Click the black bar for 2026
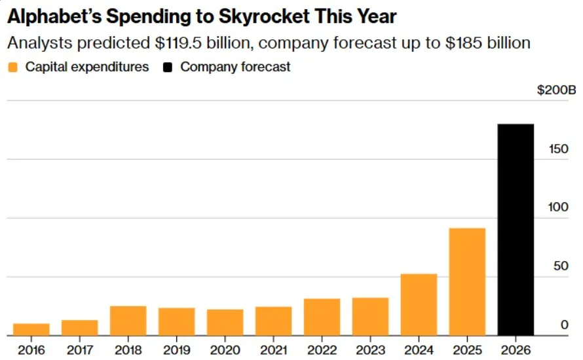click(516, 229)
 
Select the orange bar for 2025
click(467, 281)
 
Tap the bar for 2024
click(419, 304)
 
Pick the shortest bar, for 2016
click(31, 329)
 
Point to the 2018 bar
click(128, 321)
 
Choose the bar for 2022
click(322, 317)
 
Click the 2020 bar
click(225, 322)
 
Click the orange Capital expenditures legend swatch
click(12, 67)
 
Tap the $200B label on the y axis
click(556, 90)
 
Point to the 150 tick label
click(558, 149)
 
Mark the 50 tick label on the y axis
click(561, 266)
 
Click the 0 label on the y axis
click(564, 325)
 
